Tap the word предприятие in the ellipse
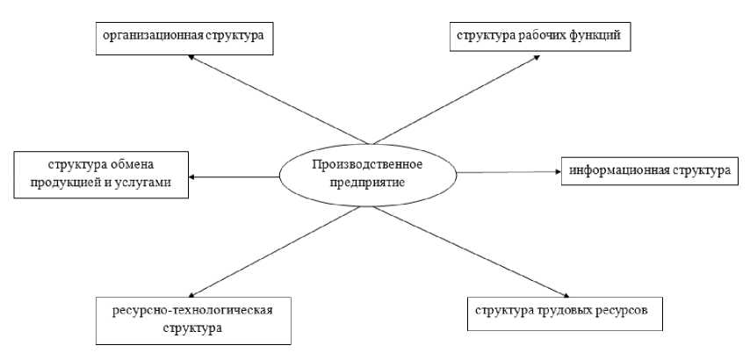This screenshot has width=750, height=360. (366, 183)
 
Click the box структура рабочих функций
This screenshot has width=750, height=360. (538, 36)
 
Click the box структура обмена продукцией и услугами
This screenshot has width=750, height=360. (101, 173)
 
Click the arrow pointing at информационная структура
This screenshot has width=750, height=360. (509, 172)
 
